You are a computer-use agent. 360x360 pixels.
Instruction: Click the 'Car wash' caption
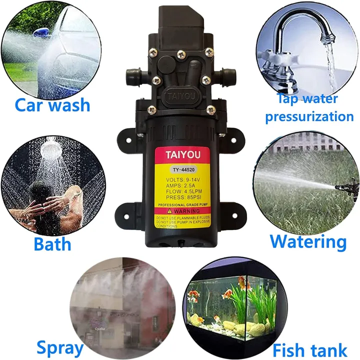(x=52, y=105)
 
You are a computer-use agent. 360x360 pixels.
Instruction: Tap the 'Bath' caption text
(x=52, y=244)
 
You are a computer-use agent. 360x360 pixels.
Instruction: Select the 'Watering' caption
(x=308, y=241)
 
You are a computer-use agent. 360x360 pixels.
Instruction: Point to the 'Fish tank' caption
(x=310, y=349)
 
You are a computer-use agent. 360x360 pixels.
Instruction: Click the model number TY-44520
(x=179, y=169)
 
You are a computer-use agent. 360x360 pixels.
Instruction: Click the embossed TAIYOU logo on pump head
(x=179, y=94)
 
